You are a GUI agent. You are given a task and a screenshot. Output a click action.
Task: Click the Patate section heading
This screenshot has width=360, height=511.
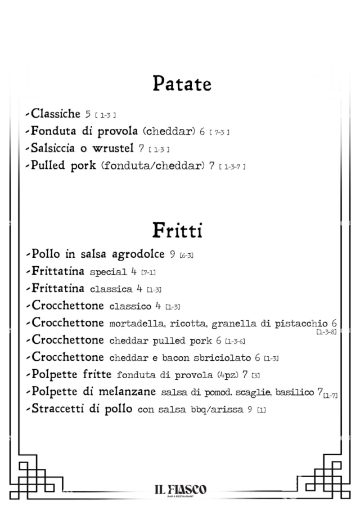pyautogui.click(x=182, y=84)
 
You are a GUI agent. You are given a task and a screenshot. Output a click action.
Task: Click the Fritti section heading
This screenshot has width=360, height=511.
pyautogui.click(x=177, y=230)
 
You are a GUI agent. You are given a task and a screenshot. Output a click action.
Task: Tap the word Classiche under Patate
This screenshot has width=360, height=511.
pyautogui.click(x=56, y=114)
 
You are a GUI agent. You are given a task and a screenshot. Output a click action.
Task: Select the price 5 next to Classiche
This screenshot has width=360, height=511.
pyautogui.click(x=88, y=115)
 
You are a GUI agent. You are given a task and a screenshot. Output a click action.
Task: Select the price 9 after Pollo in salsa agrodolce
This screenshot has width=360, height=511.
pyautogui.click(x=173, y=255)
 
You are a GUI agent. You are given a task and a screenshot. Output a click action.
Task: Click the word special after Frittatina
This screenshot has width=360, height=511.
pyautogui.click(x=108, y=272)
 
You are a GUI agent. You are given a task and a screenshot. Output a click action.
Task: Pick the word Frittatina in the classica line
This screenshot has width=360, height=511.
pyautogui.click(x=58, y=289)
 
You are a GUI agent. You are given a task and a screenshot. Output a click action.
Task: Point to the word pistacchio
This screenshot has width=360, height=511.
pyautogui.click(x=300, y=324)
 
